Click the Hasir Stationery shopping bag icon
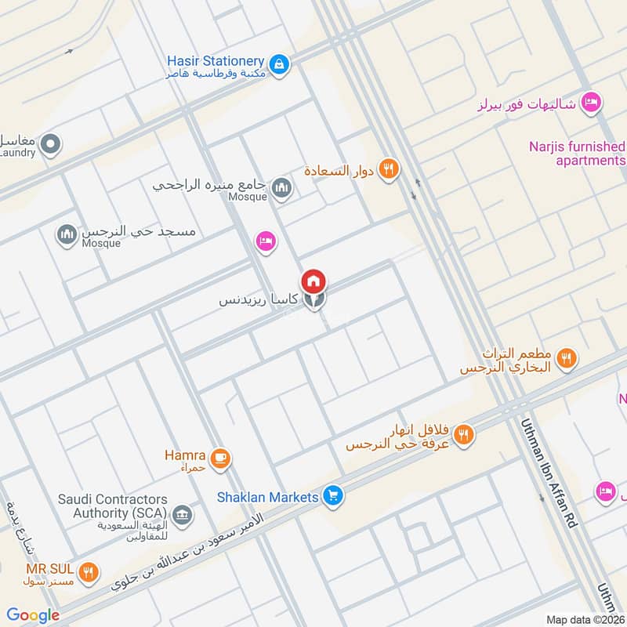[x=278, y=63]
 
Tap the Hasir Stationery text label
[x=215, y=60]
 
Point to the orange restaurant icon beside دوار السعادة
[x=387, y=169]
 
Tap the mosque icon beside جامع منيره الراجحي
[x=281, y=187]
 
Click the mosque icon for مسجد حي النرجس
[x=66, y=234]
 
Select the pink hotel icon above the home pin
[x=266, y=242]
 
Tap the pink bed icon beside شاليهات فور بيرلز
[x=592, y=102]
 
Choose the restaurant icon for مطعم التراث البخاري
[x=567, y=359]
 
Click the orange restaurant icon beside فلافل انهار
[x=465, y=433]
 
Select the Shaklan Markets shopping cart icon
[x=333, y=496]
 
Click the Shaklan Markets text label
[x=268, y=497]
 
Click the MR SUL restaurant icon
[x=89, y=573]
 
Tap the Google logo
[x=33, y=615]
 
